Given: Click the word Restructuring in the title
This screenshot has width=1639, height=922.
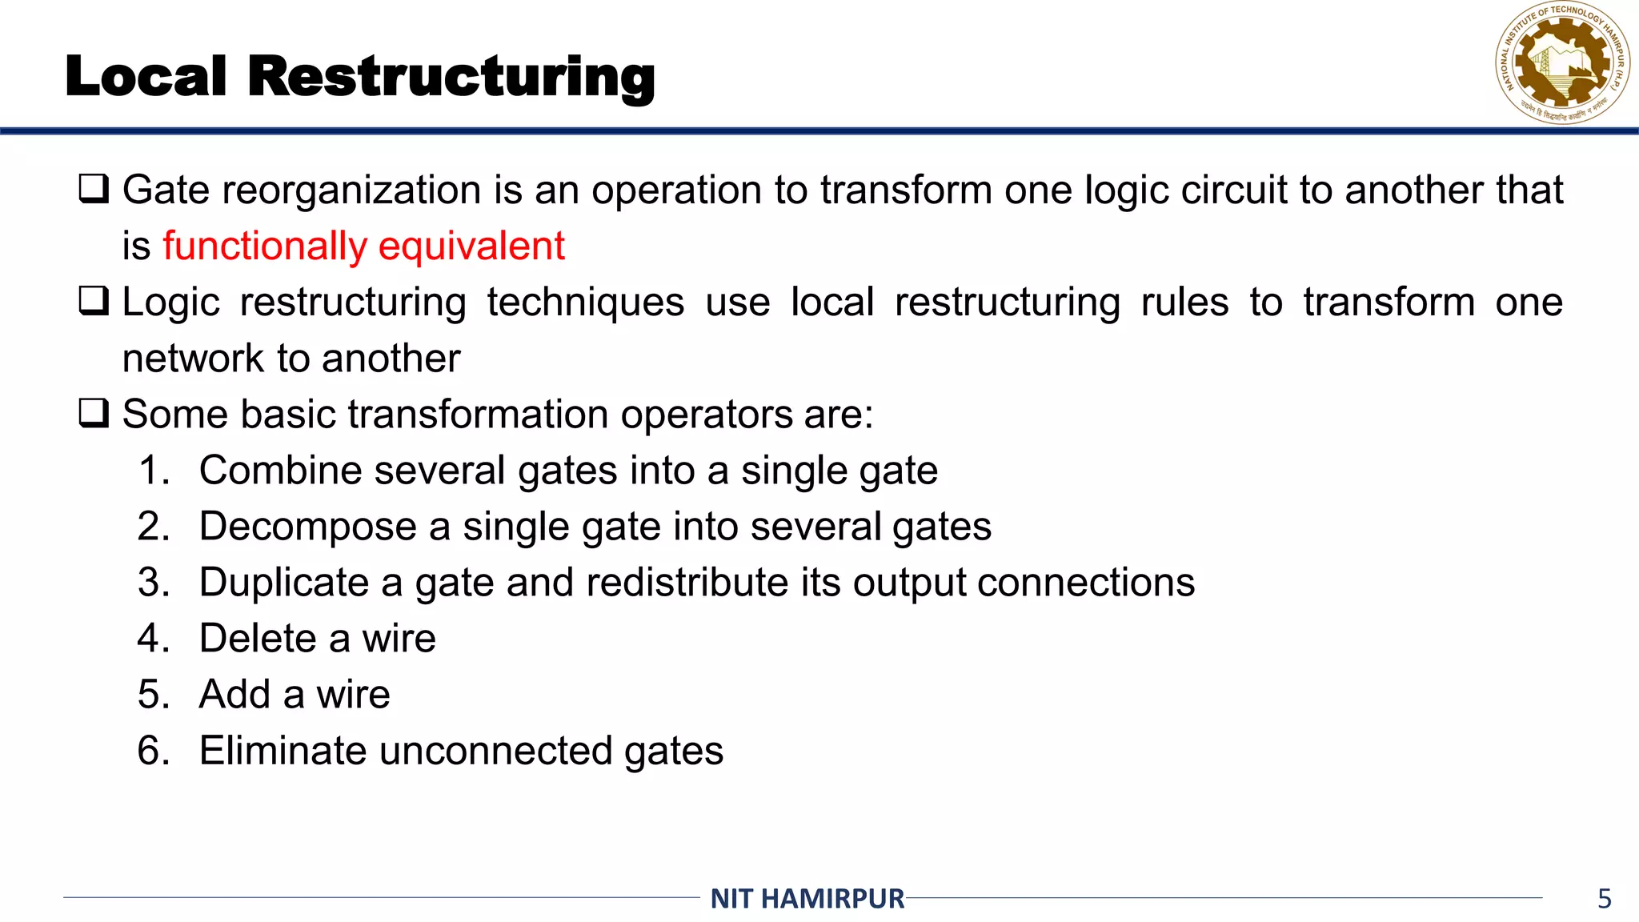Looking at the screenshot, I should click(451, 77).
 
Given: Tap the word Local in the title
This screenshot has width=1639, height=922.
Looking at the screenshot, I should click(146, 77).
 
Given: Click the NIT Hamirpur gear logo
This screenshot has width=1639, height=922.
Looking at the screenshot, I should click(1562, 64).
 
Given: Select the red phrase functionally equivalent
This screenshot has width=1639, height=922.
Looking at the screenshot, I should click(363, 246).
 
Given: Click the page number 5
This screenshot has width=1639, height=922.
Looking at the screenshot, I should click(1604, 899).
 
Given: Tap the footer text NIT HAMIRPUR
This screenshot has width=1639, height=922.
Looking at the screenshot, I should click(807, 899).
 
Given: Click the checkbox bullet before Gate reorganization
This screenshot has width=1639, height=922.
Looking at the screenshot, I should click(94, 189).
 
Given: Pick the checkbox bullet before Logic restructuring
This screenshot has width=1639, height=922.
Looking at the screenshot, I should click(94, 301).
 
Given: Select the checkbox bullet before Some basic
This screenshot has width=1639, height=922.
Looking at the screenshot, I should click(94, 413).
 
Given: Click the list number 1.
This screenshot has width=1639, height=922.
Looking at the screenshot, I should click(154, 470).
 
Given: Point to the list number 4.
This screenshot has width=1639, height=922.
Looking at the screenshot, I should click(154, 638).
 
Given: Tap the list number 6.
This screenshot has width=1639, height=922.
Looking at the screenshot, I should click(154, 751).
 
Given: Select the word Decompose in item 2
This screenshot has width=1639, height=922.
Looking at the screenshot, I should click(307, 527).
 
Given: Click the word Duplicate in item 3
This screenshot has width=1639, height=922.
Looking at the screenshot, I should click(283, 582).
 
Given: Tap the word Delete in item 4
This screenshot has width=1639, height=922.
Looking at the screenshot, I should click(258, 638).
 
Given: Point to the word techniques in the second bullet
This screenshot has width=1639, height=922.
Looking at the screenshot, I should click(585, 303).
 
